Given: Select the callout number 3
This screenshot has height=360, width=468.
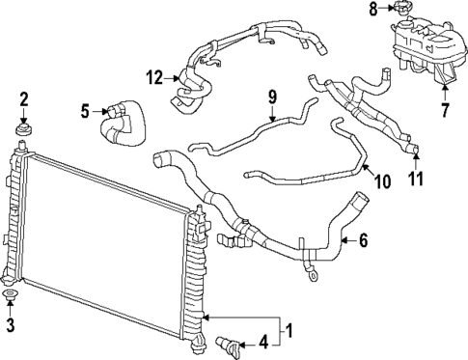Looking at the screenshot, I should point(11,325).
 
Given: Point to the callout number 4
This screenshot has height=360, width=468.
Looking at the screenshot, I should point(263,341).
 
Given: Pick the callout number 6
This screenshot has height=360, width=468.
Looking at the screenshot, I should point(363,240).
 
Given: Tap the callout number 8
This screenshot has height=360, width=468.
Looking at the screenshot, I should point(373,10).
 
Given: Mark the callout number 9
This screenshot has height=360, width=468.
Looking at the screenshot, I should point(272,96).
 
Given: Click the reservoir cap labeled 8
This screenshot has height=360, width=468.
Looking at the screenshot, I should point(399,13).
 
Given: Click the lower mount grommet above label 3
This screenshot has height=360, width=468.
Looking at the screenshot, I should point(11,295).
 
